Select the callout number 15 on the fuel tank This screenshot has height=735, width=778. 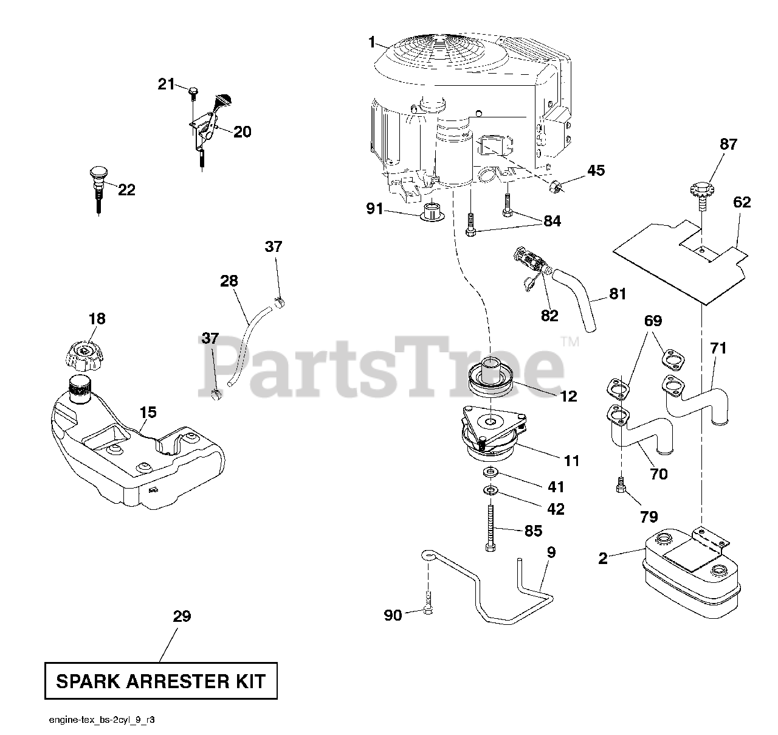148,413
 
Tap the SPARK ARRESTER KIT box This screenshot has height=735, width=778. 160,681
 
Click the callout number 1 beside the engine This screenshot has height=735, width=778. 372,43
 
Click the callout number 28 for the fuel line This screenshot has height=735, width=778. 229,280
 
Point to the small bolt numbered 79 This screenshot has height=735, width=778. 621,487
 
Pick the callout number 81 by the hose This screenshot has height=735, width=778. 618,294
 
